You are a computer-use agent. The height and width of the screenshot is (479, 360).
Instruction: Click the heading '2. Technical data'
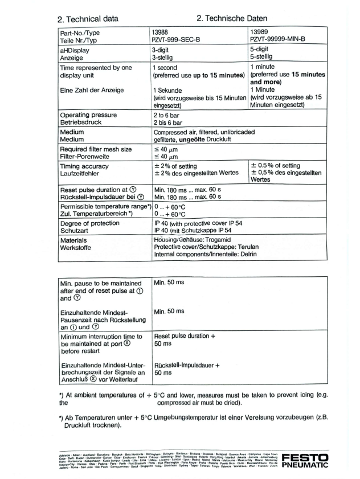[88, 19]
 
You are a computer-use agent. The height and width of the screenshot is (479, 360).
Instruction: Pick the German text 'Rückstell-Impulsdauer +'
[187, 365]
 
